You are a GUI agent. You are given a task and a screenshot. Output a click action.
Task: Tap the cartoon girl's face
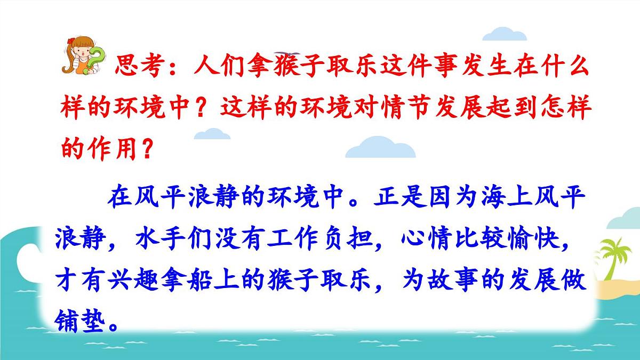(x=81, y=51)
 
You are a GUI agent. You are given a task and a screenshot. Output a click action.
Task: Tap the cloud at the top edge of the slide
(x=504, y=33)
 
